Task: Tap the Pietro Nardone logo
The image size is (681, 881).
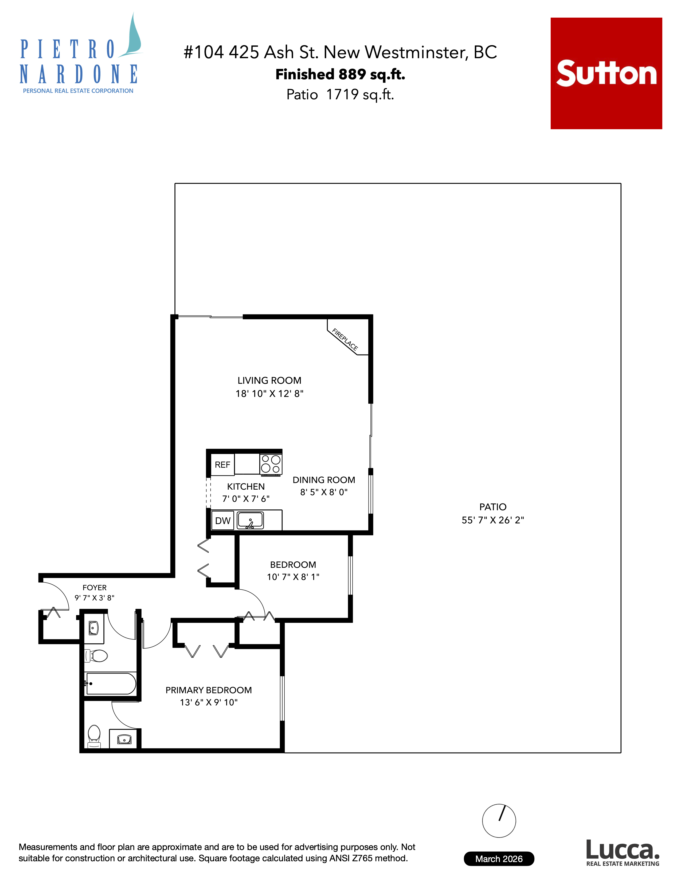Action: pos(79,61)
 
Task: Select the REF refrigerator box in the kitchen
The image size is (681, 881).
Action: pos(222,465)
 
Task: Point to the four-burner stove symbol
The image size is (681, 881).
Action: pos(271,464)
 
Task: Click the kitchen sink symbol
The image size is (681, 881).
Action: pos(250,520)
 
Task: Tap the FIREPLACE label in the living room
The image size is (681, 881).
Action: pos(345,339)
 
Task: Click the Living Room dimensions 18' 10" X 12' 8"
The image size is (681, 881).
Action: pos(269,394)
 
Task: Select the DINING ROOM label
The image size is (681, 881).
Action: pos(324,480)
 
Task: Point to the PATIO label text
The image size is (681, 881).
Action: pos(493,507)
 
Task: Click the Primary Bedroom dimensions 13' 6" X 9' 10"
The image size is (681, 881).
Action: pos(209,702)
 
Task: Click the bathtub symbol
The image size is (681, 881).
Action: pos(111,683)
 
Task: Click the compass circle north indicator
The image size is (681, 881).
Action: pos(499,820)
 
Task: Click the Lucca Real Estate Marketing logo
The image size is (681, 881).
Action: pos(623,853)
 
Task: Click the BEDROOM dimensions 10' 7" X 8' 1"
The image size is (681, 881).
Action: pos(293,577)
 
